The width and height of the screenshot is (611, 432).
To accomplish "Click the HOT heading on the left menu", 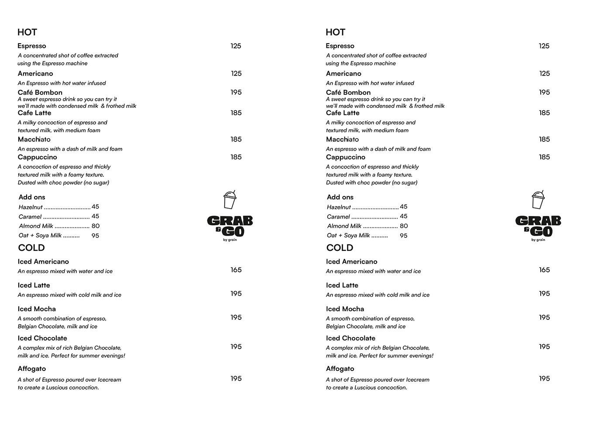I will click(27, 32).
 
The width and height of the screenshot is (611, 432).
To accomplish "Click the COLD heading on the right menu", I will click(340, 248).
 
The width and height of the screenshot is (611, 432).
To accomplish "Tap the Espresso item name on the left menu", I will click(32, 46).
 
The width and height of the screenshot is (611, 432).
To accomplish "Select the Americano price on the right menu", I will click(544, 73).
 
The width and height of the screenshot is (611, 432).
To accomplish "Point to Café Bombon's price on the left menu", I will click(236, 92).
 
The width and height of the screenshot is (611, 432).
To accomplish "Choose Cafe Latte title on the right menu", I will click(343, 113).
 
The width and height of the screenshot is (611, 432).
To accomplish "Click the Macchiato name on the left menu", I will click(34, 139).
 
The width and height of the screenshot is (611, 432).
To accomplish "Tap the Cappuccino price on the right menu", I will click(544, 157).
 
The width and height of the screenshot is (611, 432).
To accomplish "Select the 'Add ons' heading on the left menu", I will click(32, 197).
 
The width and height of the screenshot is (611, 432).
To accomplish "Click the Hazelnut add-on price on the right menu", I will click(404, 207).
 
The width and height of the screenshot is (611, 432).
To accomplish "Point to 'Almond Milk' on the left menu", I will click(36, 226).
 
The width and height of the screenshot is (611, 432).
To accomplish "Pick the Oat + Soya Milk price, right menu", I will click(404, 236).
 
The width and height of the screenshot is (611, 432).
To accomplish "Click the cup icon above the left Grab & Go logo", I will click(230, 200).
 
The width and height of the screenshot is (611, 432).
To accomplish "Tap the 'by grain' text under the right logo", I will click(538, 240).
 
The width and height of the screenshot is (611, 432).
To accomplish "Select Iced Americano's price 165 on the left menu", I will click(236, 270).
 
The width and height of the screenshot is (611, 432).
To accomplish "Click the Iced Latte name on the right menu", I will click(342, 285).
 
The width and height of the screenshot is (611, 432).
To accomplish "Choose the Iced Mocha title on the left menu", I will click(37, 309).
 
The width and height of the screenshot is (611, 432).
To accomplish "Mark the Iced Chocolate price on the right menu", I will click(544, 346).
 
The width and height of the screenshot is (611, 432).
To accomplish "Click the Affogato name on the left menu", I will click(32, 369).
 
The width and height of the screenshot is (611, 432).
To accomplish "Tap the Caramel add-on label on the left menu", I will click(30, 217).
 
